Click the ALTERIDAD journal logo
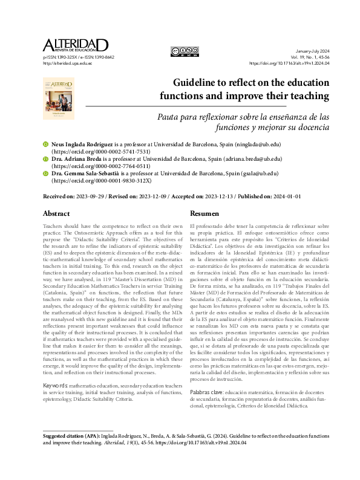tap(75, 45)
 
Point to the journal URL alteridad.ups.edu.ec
tap(67, 63)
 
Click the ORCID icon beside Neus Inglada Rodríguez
tap(46, 145)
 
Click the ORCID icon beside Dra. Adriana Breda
tap(46, 159)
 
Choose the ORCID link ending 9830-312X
tap(102, 180)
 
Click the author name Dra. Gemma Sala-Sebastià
tap(91, 173)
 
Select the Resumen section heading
tap(205, 213)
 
